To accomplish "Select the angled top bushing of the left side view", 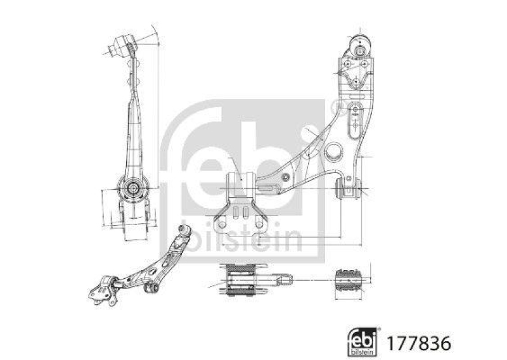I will tap(124, 45).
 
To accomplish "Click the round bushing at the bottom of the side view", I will tap(132, 188).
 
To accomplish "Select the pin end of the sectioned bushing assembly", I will tap(283, 278).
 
